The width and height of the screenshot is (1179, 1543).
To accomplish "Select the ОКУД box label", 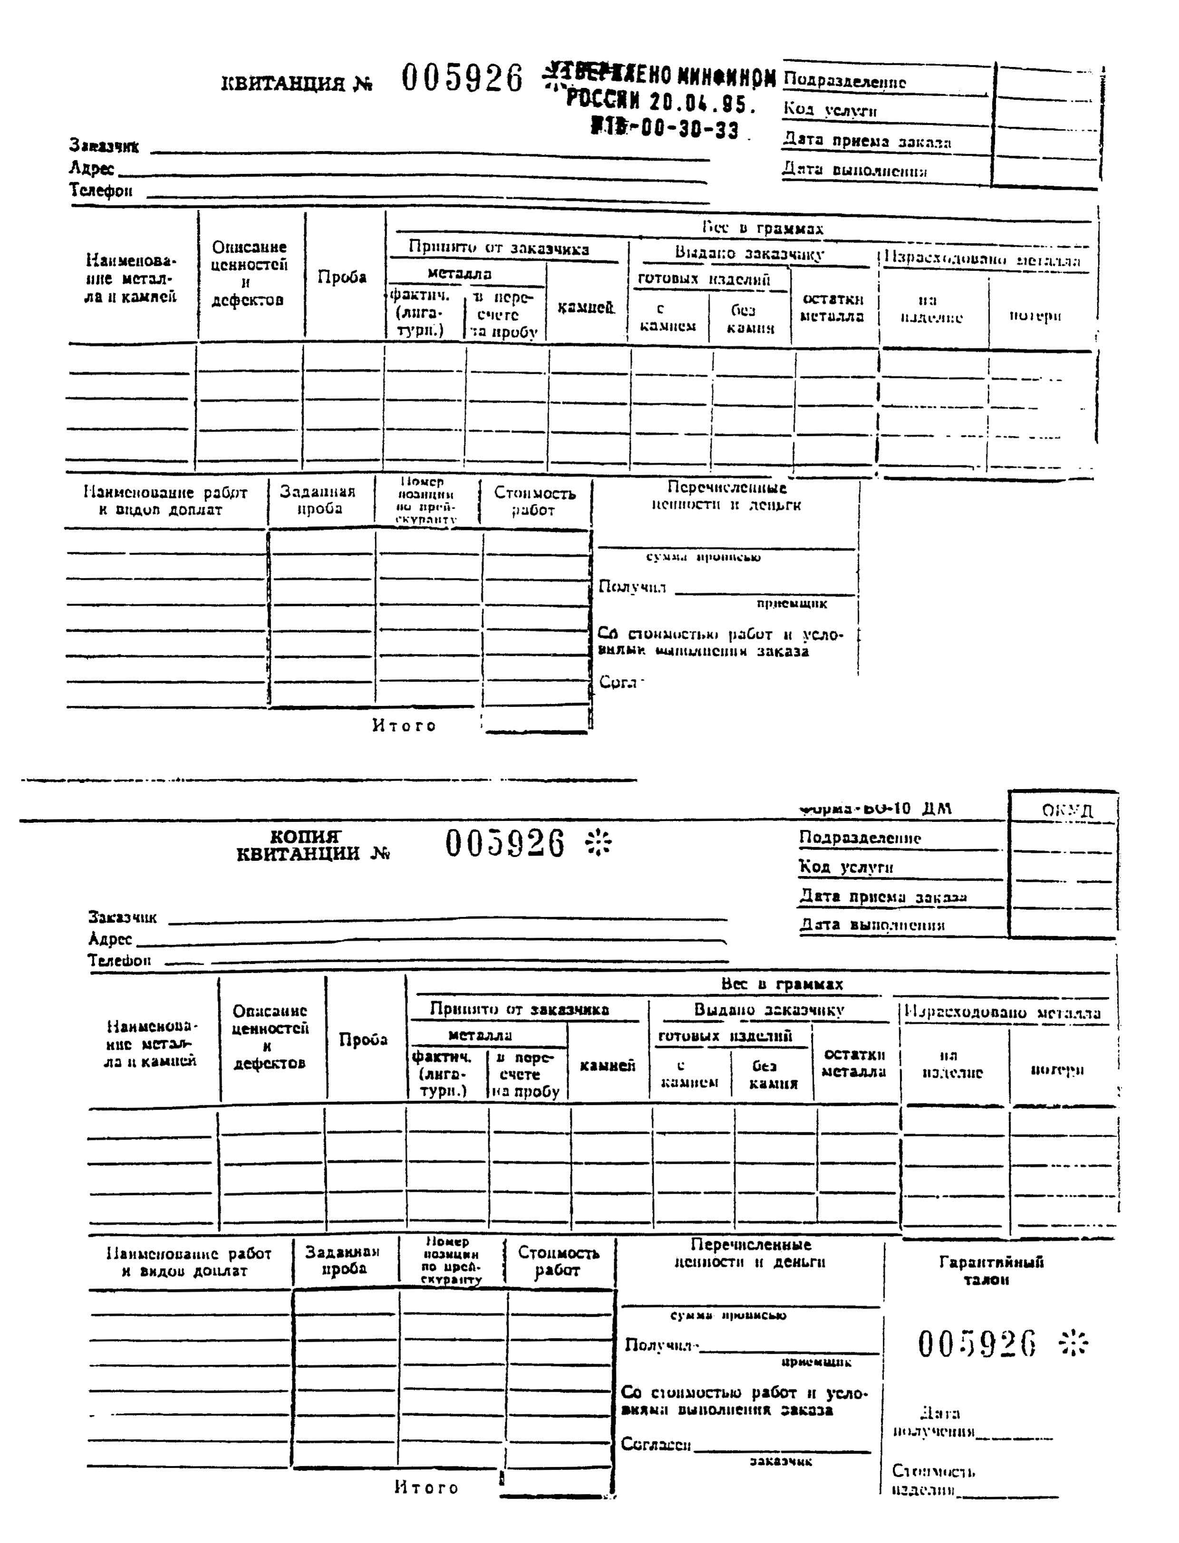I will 1067,810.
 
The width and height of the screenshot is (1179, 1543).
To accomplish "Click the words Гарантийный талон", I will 990,1270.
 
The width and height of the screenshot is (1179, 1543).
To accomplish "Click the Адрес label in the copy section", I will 110,939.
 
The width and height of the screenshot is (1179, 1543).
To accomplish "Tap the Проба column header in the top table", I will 342,277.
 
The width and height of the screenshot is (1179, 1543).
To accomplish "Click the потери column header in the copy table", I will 1057,1070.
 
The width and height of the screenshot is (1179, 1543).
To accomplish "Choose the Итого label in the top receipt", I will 404,725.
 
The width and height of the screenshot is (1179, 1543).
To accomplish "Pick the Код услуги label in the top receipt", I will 830,110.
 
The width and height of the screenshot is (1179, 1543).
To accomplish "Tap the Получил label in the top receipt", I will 632,587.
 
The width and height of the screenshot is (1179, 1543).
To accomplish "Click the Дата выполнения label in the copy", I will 871,925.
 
